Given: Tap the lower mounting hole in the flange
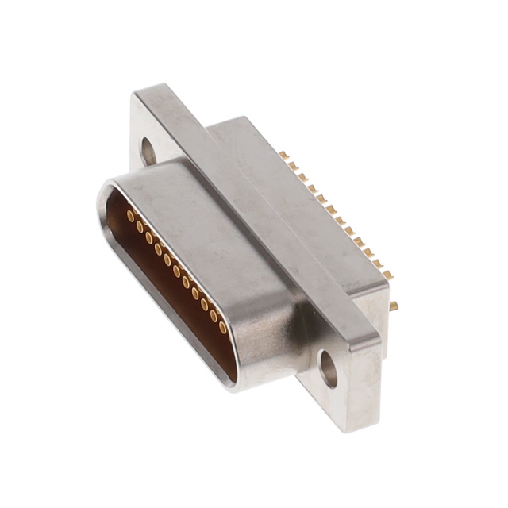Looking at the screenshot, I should point(329,369).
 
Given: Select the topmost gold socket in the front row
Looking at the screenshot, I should point(130,216).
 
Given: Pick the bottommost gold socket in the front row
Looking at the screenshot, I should point(223,327).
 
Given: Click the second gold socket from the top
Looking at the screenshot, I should point(140,227).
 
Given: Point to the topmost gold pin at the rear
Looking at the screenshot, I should point(283,156).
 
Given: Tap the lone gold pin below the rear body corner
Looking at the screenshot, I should point(394,305).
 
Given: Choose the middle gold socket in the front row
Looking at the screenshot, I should point(176,271).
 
